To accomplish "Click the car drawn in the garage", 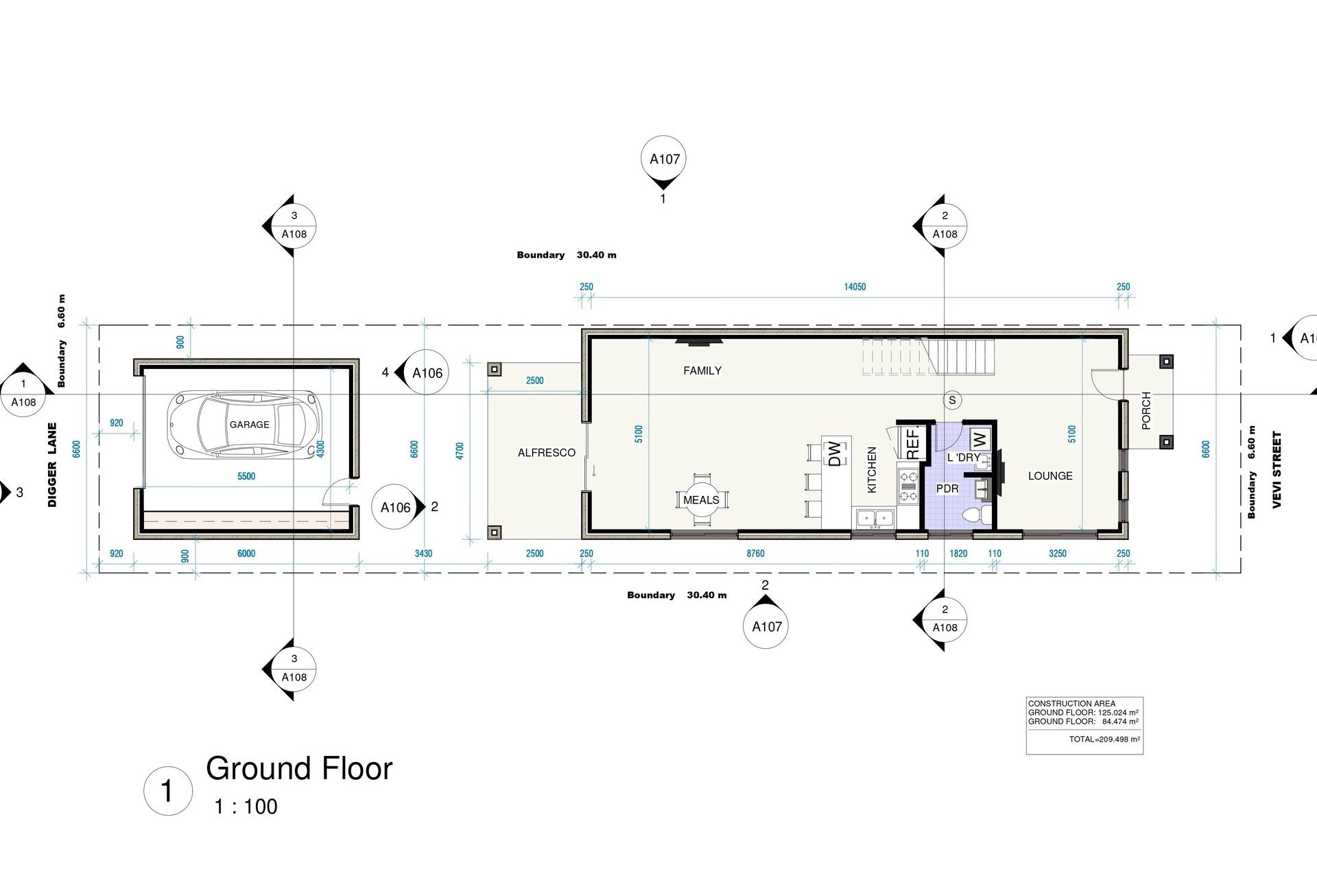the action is coord(245,425).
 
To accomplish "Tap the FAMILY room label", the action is coord(702,371).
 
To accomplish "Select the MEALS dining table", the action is coord(701,500).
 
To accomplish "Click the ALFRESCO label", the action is coord(547,453).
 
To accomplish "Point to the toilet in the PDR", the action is coord(975,514).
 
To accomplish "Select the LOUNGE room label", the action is coord(1050,476).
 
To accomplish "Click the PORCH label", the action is coord(1146,411).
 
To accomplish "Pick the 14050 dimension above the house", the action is coord(855,287).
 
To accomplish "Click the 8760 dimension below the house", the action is coord(755,554).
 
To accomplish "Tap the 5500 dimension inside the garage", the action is coord(246,477).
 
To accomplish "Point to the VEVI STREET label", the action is coord(1277,470).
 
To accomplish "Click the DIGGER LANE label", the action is coord(53,464).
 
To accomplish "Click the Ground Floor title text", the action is coord(299,768).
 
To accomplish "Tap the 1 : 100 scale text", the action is coord(246,807).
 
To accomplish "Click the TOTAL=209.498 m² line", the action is coord(1104,739).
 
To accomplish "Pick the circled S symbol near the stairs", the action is coord(951,400).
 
